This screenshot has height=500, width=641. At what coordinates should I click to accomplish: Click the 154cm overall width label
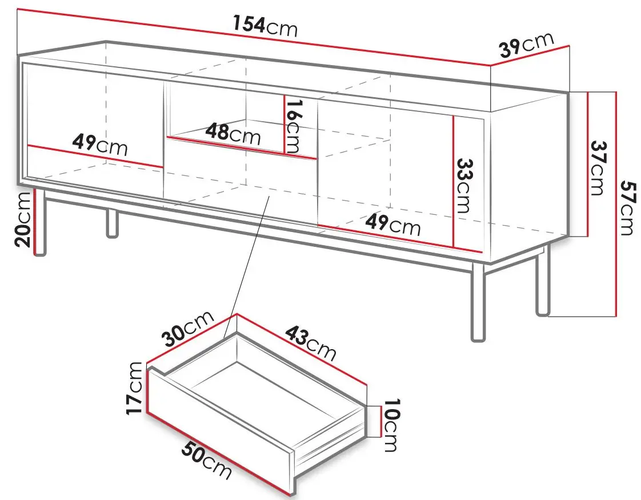(265, 26)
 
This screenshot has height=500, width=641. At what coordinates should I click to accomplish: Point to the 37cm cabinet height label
(598, 167)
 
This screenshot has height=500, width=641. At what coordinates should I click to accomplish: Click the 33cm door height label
(463, 186)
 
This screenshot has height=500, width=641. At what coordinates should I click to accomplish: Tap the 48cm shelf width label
(233, 133)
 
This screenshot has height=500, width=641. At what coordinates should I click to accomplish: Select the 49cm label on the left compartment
(100, 145)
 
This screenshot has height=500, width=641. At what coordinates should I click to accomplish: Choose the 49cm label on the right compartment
(392, 225)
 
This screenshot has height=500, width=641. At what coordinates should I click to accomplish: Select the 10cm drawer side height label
(391, 425)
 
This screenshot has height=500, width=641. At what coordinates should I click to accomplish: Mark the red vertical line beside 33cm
(454, 182)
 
